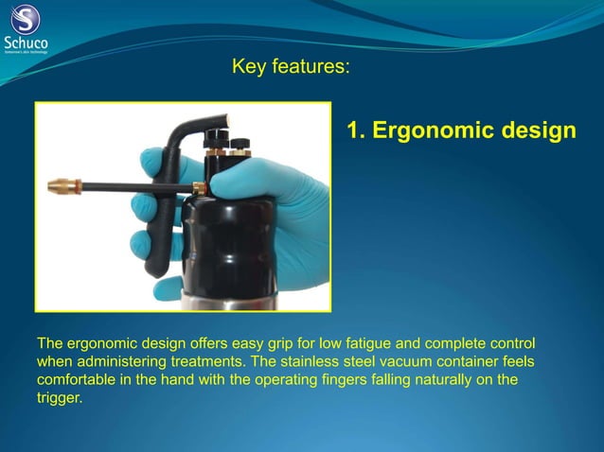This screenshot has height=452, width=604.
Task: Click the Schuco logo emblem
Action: click(x=27, y=18)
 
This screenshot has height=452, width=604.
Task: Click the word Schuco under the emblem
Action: click(x=27, y=42)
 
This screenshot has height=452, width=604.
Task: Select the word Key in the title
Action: click(x=248, y=67)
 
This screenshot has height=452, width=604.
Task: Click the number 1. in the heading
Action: click(x=356, y=130)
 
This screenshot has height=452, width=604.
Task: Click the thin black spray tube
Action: click(x=133, y=184)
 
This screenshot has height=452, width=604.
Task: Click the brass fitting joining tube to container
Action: click(x=199, y=187)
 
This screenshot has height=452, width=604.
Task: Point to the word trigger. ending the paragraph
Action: click(x=59, y=398)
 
